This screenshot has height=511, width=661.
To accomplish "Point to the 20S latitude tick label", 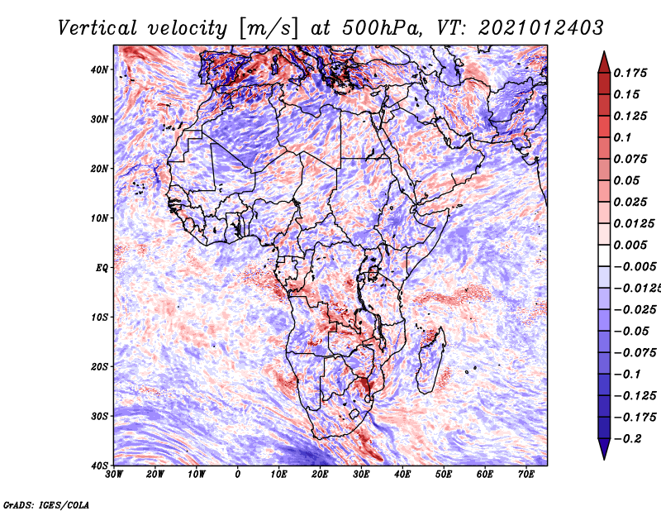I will (x=100, y=366).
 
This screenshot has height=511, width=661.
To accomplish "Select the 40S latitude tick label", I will (x=100, y=465).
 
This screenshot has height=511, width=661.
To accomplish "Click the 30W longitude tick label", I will (x=114, y=475).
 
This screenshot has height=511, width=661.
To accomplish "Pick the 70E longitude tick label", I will (x=526, y=475).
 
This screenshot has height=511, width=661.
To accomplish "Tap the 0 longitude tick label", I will (x=238, y=475).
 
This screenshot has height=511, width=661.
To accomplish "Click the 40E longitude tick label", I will (x=402, y=475).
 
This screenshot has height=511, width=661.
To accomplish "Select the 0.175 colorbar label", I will (x=632, y=73).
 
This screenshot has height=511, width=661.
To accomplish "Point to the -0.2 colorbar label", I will (x=630, y=438).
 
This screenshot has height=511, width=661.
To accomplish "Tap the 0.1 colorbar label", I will (x=623, y=137).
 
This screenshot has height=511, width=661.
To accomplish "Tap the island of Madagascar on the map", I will (x=430, y=360).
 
